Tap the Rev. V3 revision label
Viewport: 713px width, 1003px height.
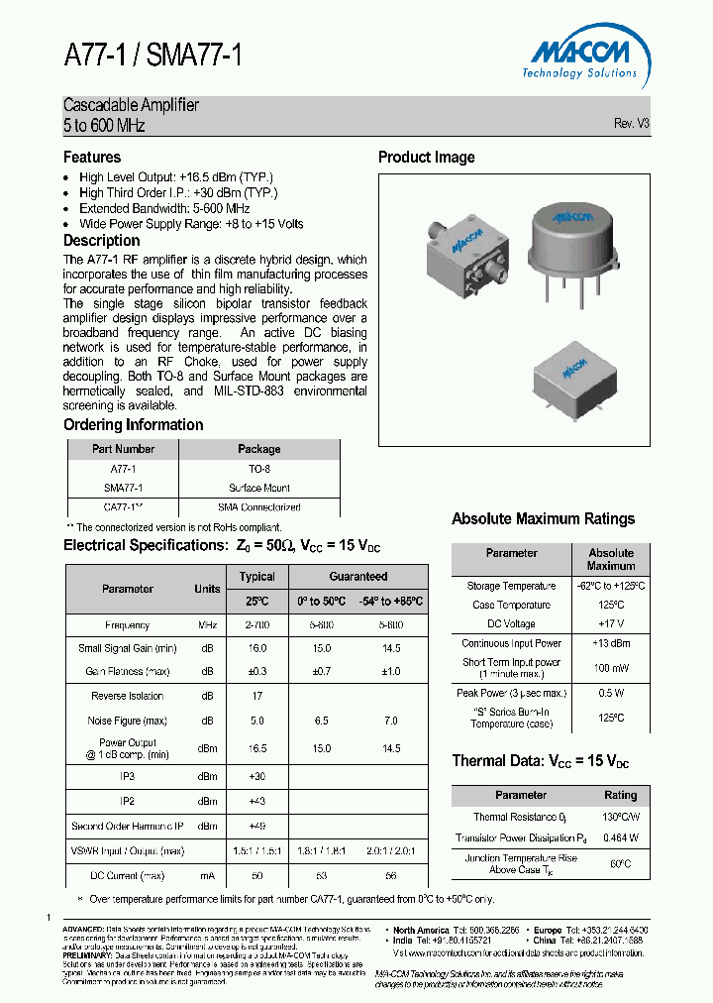631,124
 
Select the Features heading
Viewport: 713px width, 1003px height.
92,158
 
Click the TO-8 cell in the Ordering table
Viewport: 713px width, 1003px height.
259,469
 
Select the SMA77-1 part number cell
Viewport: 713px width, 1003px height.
124,488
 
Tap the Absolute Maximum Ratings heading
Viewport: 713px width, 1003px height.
543,519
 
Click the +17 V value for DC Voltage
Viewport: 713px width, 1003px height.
610,624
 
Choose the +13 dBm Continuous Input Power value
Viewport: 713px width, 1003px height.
610,644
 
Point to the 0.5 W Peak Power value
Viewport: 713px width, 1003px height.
610,693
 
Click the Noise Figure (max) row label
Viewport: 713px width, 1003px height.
127,721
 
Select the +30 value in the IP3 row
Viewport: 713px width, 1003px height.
257,776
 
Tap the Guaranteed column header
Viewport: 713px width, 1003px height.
357,576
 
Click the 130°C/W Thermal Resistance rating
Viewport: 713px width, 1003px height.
620,818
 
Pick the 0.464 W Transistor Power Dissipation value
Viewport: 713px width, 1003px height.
620,838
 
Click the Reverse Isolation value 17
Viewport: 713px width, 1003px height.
257,696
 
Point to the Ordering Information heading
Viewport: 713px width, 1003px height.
133,425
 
